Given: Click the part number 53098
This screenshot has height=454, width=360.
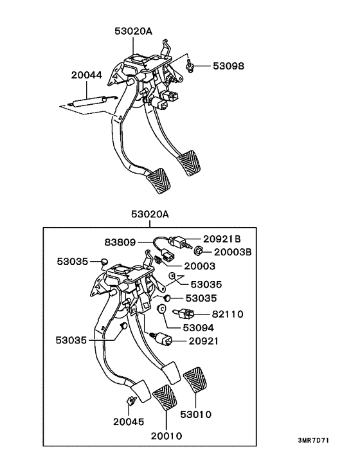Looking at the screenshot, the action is point(228,66).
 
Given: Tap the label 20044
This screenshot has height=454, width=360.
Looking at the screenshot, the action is point(87,75).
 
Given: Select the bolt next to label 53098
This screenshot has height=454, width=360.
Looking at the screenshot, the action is point(189,66).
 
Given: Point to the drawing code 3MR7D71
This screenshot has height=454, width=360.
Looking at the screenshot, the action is point(314,440).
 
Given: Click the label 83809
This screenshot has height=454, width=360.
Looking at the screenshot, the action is point(120,242).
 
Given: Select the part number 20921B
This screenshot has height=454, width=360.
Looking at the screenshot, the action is point(222,239).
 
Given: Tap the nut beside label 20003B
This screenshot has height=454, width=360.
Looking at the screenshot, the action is point(199,250).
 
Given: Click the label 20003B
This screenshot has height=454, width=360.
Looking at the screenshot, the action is point(233,252).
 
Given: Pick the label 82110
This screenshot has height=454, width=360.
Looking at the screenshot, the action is point(228,314).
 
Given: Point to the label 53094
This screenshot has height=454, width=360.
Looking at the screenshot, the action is point(199,328).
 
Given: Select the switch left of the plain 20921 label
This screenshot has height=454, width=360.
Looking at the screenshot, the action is point(162,338).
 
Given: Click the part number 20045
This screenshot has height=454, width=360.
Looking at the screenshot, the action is point(129,422).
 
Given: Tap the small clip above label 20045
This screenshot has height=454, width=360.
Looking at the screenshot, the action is point(131,401).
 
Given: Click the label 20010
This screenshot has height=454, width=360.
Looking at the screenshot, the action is point(166,436).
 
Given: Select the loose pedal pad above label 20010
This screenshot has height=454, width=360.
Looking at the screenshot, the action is point(165,397).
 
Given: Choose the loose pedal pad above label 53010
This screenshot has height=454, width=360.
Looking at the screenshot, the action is point(195,380).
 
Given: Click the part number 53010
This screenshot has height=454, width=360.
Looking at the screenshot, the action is point(196,414).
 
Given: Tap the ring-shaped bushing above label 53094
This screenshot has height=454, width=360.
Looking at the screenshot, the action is point(161,309).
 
